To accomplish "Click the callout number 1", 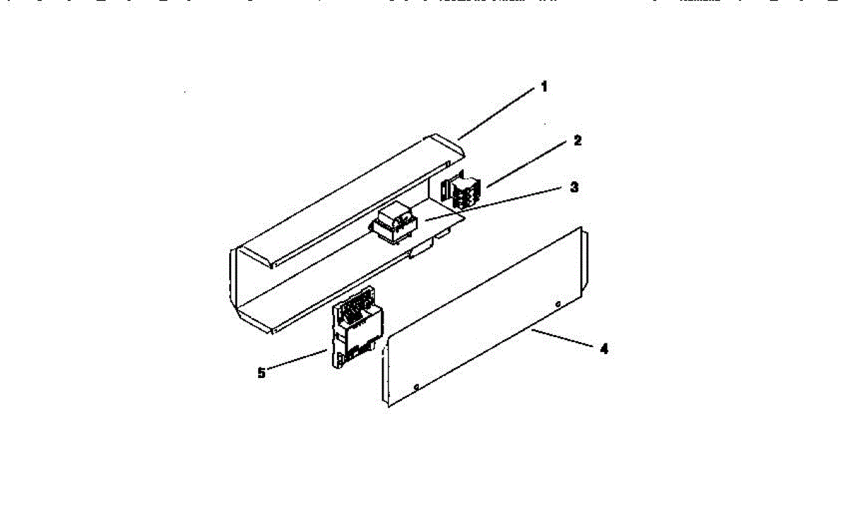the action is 544,87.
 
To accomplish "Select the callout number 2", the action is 577,141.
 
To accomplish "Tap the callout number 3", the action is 574,188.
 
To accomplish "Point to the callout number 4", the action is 603,348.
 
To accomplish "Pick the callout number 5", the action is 262,373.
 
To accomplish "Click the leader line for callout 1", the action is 497,114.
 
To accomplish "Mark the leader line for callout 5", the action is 296,360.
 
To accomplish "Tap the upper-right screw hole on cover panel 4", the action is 558,305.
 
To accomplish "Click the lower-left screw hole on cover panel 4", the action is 417,386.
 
